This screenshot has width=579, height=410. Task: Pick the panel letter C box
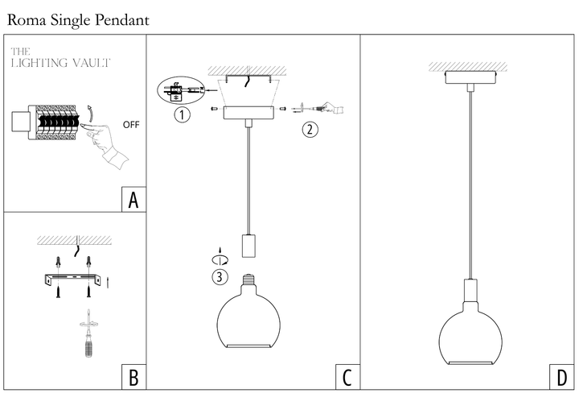point(347,376)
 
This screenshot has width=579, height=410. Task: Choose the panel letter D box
point(560,376)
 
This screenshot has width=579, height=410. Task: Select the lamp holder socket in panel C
point(248,245)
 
